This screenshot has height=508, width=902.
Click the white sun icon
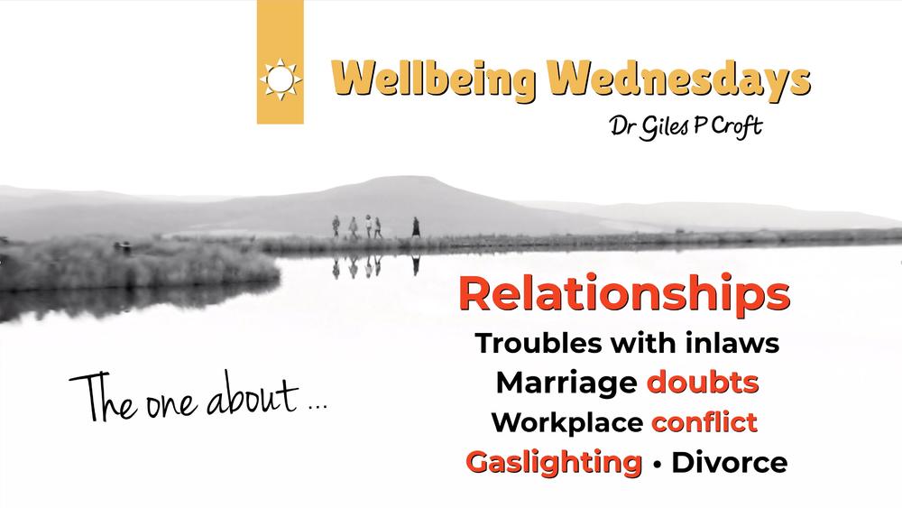pos(281,79)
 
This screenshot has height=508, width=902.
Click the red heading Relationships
pos(625,293)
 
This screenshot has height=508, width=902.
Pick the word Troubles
pos(539,344)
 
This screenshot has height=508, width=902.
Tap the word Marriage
pos(566,383)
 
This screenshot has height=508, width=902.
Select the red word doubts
pos(703,383)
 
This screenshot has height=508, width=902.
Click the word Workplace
pos(566,423)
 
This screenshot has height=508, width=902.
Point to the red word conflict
pos(704,422)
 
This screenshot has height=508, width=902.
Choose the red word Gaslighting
pos(554,463)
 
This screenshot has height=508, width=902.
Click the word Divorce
pos(730,463)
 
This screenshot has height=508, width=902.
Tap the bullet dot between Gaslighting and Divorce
pos(657,464)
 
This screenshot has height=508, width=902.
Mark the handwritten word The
pos(104,397)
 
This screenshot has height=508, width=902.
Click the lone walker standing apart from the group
pos(415,227)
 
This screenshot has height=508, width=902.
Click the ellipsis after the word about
pos(318,407)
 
